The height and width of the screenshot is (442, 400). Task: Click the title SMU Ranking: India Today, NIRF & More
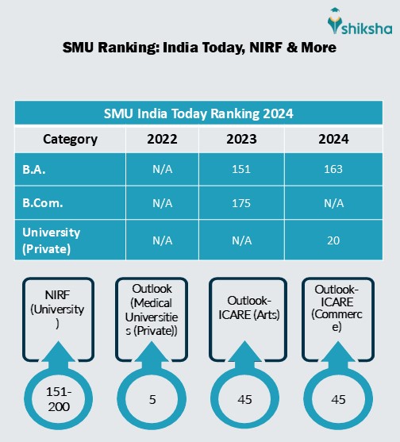point(199,48)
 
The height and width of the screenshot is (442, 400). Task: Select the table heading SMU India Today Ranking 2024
point(199,113)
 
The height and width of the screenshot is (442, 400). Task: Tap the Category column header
point(70,140)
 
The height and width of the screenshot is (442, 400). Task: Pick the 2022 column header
point(163,140)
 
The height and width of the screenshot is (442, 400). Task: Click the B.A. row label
point(33,169)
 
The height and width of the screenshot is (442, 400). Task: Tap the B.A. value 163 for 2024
point(333,169)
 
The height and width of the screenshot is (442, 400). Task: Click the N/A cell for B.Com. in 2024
point(333,203)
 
